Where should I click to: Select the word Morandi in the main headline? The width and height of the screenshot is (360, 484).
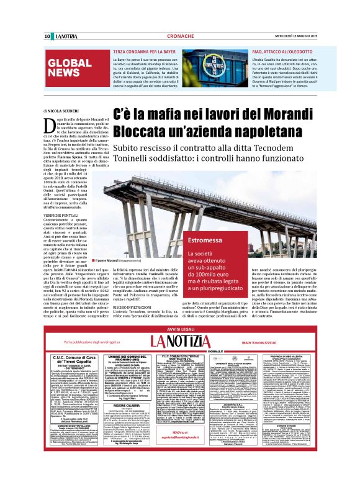pos(276,115)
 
